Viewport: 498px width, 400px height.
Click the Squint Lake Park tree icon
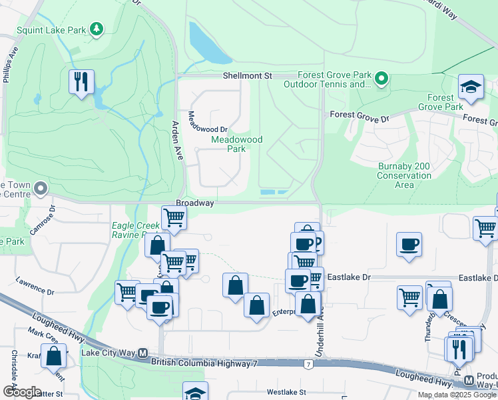pyautogui.click(x=97, y=28)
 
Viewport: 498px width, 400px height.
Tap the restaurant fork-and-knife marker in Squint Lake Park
pyautogui.click(x=81, y=82)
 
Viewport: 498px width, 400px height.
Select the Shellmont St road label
pyautogui.click(x=248, y=76)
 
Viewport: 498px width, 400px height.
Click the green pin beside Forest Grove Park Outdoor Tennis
pyautogui.click(x=381, y=79)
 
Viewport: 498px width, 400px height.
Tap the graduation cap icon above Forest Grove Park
pyautogui.click(x=471, y=87)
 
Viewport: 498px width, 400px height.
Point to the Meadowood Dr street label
pyautogui.click(x=208, y=121)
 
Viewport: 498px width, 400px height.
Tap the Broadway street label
pyautogui.click(x=194, y=203)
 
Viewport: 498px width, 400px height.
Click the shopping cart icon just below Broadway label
pyautogui.click(x=174, y=217)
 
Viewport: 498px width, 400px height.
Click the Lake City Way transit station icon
pyautogui.click(x=142, y=353)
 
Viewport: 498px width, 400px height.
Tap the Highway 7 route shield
pyautogui.click(x=308, y=365)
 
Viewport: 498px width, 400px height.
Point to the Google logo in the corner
pyautogui.click(x=21, y=392)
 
